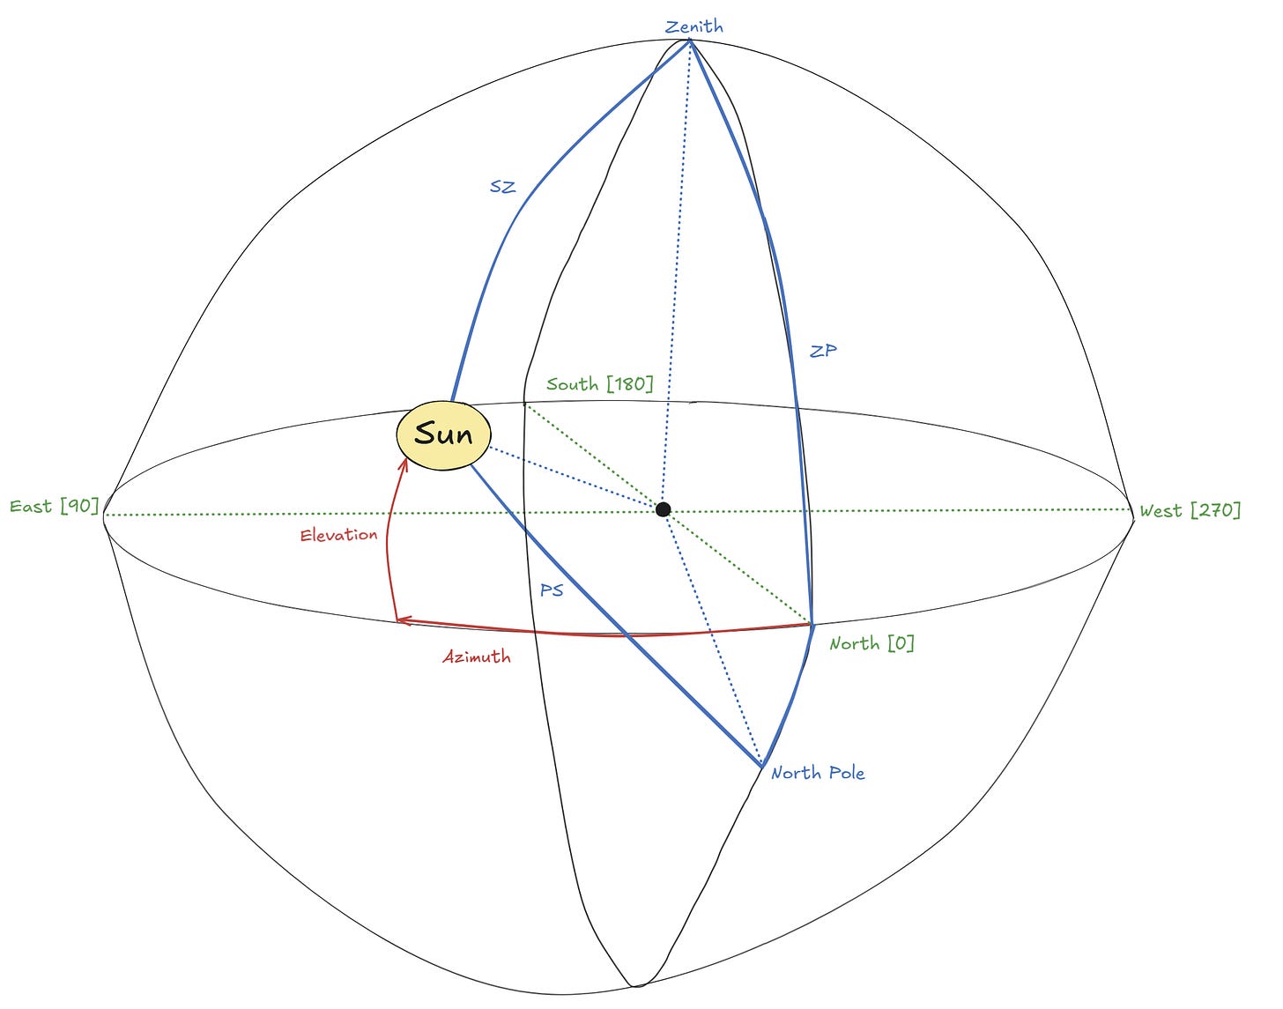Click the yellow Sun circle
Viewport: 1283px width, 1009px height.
(x=442, y=435)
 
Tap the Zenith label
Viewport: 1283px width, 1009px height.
(x=694, y=26)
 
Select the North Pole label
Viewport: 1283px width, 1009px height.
(x=818, y=773)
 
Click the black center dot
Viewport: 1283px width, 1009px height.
(x=664, y=509)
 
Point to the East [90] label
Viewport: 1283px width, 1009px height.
(x=54, y=507)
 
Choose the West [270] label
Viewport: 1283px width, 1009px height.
(x=1190, y=510)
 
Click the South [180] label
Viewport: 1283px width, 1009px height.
(x=599, y=384)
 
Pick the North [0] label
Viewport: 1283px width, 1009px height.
(x=871, y=643)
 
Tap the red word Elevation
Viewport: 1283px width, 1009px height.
(x=338, y=535)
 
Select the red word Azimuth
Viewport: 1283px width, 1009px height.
(x=477, y=657)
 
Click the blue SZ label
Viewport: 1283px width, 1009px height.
(x=502, y=187)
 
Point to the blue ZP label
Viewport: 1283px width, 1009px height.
(x=823, y=351)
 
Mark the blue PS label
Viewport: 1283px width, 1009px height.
(x=552, y=590)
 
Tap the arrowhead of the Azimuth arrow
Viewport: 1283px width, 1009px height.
(x=400, y=620)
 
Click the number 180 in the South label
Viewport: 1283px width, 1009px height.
(x=629, y=384)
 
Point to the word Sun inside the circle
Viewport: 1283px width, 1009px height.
(x=442, y=434)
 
